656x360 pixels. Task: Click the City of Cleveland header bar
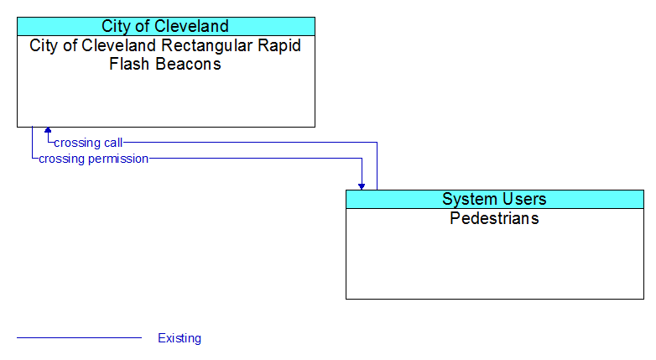click(166, 26)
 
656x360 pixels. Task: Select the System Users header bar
click(495, 199)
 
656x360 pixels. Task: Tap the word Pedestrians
click(494, 218)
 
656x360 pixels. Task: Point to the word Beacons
click(188, 64)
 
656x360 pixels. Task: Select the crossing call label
click(88, 143)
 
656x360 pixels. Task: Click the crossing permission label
click(94, 159)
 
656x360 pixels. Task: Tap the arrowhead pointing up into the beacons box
click(48, 130)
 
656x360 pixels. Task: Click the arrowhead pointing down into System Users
click(362, 186)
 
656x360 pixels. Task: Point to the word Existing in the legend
click(180, 338)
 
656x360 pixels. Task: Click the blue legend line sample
click(80, 337)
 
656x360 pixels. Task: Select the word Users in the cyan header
click(525, 199)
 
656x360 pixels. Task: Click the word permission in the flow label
click(122, 159)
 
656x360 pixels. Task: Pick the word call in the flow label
click(113, 143)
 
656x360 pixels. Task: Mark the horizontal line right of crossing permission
click(255, 159)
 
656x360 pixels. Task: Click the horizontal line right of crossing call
click(250, 143)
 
